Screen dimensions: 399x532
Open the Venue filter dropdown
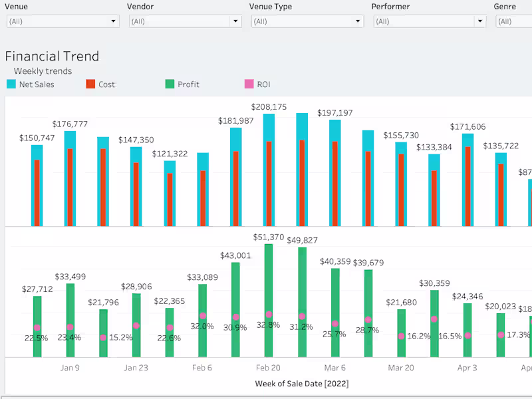pyautogui.click(x=63, y=21)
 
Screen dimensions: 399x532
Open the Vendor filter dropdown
pyautogui.click(x=185, y=21)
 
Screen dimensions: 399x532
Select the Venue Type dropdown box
pyautogui.click(x=307, y=21)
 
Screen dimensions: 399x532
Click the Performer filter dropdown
pyautogui.click(x=430, y=21)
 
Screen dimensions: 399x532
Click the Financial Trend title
pyautogui.click(x=52, y=57)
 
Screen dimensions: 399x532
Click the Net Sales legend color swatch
pyautogui.click(x=11, y=84)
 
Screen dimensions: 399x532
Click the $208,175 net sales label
pyautogui.click(x=269, y=106)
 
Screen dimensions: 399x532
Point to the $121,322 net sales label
pyautogui.click(x=170, y=154)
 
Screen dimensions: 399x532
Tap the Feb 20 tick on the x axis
pyautogui.click(x=269, y=368)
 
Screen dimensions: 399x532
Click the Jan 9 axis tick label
pyautogui.click(x=70, y=368)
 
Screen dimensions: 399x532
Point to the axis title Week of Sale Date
pyautogui.click(x=301, y=384)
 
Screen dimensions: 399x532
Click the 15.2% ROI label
pyautogui.click(x=120, y=337)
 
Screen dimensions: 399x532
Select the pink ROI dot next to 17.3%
pyautogui.click(x=501, y=334)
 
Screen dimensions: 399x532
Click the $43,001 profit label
pyautogui.click(x=236, y=255)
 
